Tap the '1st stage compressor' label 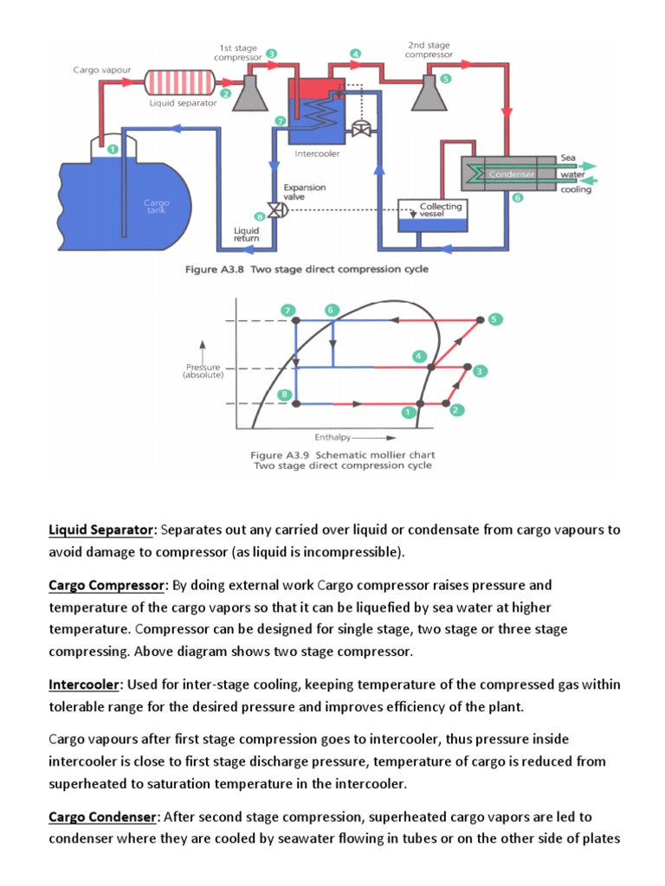[x=236, y=51]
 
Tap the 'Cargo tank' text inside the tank [x=156, y=206]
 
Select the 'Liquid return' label [x=247, y=234]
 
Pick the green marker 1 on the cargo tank [x=112, y=150]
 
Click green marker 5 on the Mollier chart [x=494, y=319]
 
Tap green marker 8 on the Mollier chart [x=284, y=395]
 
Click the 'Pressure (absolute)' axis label [x=203, y=370]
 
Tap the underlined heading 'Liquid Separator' [x=102, y=530]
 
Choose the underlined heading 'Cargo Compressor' [x=107, y=586]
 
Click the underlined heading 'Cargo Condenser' [x=102, y=816]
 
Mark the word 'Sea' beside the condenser [x=568, y=158]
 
